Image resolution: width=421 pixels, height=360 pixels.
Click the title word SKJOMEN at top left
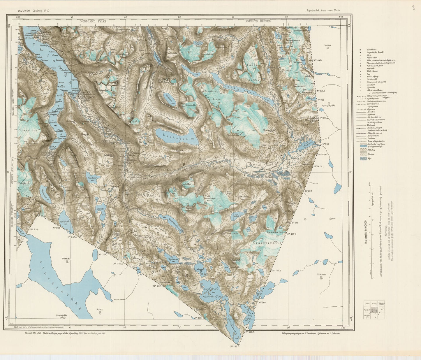[x=23, y=10]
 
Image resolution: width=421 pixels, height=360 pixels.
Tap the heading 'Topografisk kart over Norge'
[x=323, y=10]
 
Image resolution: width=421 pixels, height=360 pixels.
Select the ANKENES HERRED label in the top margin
[x=258, y=22]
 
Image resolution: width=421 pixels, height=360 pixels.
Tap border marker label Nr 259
[x=235, y=346]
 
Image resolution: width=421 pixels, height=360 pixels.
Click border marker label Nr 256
[x=102, y=254]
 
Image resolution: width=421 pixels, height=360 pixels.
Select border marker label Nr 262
[x=308, y=191]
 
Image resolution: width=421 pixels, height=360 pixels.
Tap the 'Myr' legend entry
[x=369, y=159]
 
